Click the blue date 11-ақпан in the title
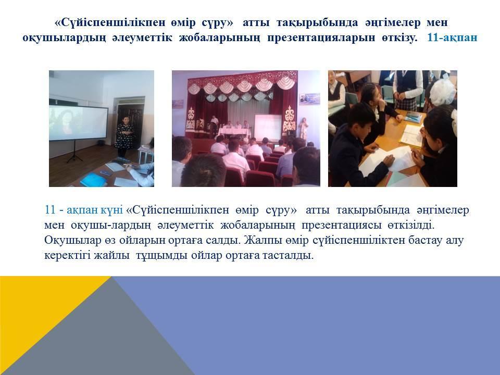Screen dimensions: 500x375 452,37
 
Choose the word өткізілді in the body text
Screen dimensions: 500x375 411,225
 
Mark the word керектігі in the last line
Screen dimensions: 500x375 68,255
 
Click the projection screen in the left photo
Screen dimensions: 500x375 79,122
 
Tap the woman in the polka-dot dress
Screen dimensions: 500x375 124,136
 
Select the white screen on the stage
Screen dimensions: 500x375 268,128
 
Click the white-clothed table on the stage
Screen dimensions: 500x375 234,131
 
